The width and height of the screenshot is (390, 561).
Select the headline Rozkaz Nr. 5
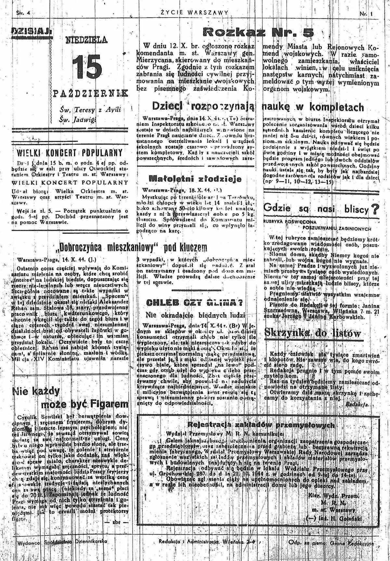click(x=258, y=32)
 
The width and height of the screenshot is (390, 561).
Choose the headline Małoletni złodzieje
click(x=195, y=179)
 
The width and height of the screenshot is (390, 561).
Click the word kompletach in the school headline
click(x=336, y=107)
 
